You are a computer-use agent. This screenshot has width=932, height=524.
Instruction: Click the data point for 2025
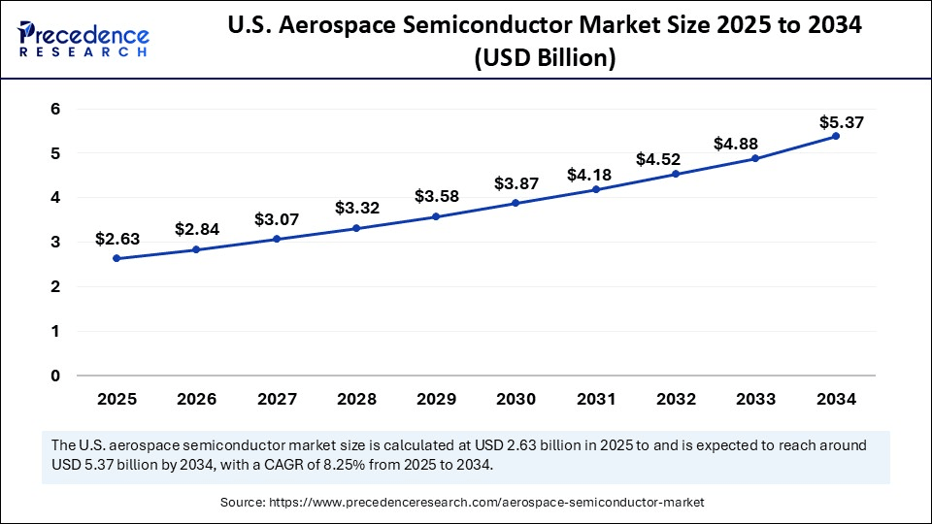116,258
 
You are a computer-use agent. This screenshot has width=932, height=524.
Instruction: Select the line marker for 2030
516,203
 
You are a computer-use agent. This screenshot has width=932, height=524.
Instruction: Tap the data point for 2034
836,136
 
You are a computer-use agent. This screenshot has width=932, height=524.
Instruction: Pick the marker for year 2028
356,228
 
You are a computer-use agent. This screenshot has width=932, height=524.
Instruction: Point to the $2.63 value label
116,239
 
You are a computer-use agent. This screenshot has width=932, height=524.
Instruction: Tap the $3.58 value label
437,196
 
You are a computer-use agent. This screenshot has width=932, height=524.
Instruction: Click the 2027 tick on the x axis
276,399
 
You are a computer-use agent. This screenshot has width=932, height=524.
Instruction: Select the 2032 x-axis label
676,399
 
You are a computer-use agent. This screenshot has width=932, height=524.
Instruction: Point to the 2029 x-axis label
436,399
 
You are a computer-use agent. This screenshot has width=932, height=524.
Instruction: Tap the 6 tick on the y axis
55,109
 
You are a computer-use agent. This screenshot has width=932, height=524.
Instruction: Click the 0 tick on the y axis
55,376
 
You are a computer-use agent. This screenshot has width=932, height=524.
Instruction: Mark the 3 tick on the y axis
55,242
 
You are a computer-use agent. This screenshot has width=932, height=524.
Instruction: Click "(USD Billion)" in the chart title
544,59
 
